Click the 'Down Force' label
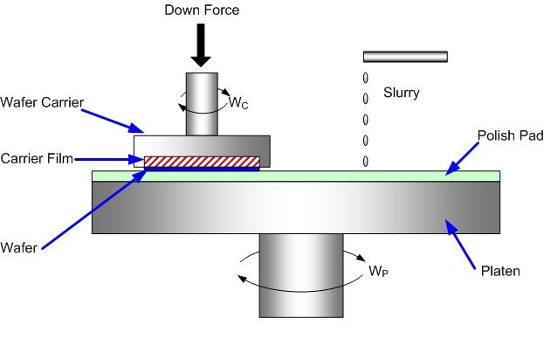pyautogui.click(x=202, y=10)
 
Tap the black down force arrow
pyautogui.click(x=202, y=45)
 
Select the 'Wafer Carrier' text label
pyautogui.click(x=42, y=102)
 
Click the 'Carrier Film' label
pyautogui.click(x=37, y=158)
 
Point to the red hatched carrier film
pyautogui.click(x=202, y=161)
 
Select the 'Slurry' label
pyautogui.click(x=400, y=92)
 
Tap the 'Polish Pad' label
pyautogui.click(x=510, y=136)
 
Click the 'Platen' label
pyautogui.click(x=500, y=271)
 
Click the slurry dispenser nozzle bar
pyautogui.click(x=405, y=57)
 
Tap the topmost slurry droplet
pyautogui.click(x=365, y=78)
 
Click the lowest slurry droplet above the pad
pyautogui.click(x=365, y=161)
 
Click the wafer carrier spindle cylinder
pyautogui.click(x=202, y=104)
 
